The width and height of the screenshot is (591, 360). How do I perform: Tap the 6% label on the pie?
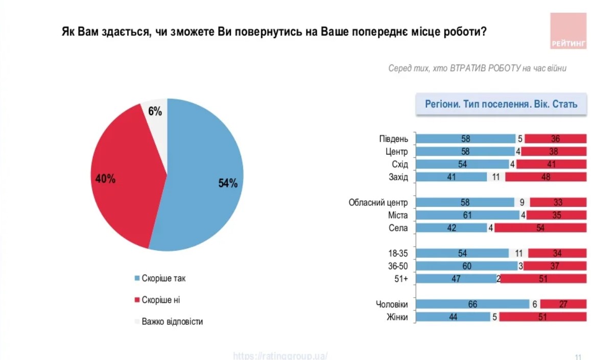click(x=155, y=111)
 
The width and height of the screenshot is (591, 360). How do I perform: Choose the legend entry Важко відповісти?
click(x=172, y=322)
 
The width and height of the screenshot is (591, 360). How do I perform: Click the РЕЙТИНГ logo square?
click(x=569, y=31)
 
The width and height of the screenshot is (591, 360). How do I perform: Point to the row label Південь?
click(x=394, y=139)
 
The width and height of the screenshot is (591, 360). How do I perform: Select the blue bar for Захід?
click(x=451, y=177)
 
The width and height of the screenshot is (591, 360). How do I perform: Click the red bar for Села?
click(x=540, y=228)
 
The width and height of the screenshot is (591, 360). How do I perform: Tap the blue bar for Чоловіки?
click(x=472, y=304)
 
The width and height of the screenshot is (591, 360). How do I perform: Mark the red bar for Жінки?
click(x=542, y=317)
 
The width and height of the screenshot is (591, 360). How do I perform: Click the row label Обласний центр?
click(x=378, y=203)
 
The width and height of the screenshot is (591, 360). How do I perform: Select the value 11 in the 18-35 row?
click(x=518, y=253)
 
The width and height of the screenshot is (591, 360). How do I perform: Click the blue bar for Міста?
click(x=468, y=215)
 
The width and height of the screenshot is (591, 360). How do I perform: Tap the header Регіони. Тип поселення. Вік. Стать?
click(x=501, y=104)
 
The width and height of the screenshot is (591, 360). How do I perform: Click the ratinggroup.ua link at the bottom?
click(x=280, y=355)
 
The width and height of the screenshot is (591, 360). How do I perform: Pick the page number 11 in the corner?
click(x=578, y=356)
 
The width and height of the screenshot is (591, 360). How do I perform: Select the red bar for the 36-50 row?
click(x=554, y=266)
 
